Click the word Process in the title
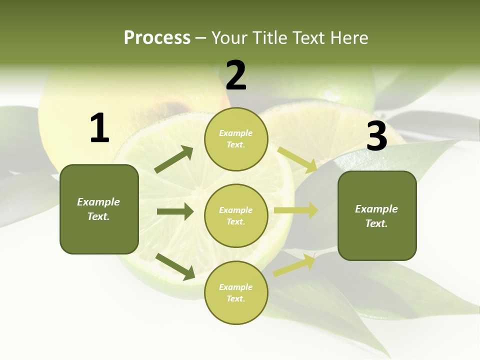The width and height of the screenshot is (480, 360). tap(157, 38)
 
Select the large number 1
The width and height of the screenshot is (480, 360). tap(99, 128)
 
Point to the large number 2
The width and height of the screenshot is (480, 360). tap(236, 75)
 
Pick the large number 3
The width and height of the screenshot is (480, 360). tap(376, 136)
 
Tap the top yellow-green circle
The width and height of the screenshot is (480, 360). tap(236, 139)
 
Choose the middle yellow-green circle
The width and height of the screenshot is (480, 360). tap(236, 215)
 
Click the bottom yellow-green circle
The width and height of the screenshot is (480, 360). tap(236, 292)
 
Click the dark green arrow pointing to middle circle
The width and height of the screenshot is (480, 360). tap(175, 211)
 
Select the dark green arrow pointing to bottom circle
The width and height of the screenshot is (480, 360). tap(175, 266)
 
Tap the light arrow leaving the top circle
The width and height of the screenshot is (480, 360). tap(297, 159)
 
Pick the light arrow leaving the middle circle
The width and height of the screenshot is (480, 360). tap(296, 210)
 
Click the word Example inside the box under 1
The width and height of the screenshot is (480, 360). tap(98, 202)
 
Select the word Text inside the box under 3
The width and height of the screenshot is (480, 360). tap(376, 223)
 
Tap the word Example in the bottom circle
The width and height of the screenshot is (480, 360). tap(235, 287)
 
